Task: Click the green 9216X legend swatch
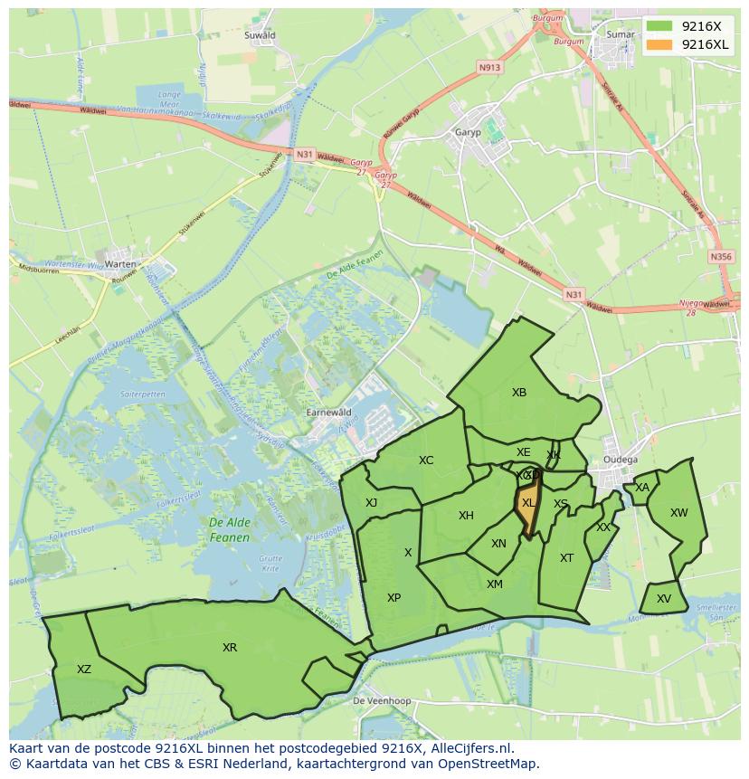click(660, 26)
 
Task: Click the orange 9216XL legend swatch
click(660, 44)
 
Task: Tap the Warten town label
click(120, 264)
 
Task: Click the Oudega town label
click(621, 459)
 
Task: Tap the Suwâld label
click(260, 35)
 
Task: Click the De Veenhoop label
click(382, 701)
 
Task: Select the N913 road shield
click(489, 67)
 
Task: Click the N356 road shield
click(721, 257)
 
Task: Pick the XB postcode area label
click(519, 393)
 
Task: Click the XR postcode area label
click(230, 648)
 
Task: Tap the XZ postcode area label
click(84, 670)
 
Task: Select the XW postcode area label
click(678, 513)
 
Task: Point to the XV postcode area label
click(664, 599)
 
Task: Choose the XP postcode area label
click(393, 598)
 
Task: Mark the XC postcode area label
click(426, 461)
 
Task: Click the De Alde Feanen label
click(228, 529)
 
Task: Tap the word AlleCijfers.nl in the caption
click(470, 748)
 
